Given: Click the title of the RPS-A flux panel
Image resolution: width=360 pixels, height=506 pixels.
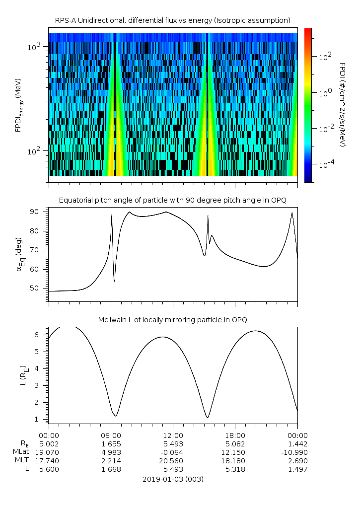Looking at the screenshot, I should click(172, 20).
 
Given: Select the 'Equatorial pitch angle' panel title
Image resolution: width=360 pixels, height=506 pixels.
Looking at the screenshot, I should click(172, 200).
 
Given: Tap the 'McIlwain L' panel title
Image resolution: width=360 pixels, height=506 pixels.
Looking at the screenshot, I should click(172, 319).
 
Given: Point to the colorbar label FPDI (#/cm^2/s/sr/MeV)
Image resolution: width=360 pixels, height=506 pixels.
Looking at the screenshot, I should click(342, 105).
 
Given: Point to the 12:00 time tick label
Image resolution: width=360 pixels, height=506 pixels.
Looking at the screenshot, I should click(173, 435).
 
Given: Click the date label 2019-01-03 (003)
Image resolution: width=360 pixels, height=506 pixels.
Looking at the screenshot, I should click(173, 479).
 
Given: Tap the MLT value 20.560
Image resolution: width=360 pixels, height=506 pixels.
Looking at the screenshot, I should click(173, 461).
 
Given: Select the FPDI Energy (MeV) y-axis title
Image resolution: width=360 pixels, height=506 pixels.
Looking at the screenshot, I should click(18, 104).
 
